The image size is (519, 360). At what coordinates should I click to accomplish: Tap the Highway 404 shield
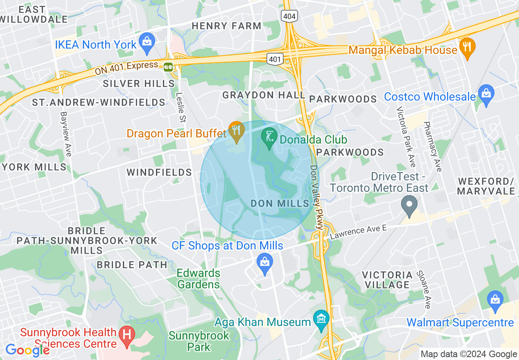(x=290, y=16)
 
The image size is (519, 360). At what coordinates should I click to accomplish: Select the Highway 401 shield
(x=275, y=60)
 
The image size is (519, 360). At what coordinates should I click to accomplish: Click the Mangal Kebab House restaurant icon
(x=467, y=47)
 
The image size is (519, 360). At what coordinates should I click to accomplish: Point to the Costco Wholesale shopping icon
(x=486, y=95)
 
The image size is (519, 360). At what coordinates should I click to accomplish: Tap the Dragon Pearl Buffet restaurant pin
(x=236, y=130)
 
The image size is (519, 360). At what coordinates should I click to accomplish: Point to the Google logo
(x=27, y=350)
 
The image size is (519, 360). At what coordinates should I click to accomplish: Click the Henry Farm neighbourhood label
(x=226, y=26)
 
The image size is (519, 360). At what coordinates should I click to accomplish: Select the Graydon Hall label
(x=264, y=95)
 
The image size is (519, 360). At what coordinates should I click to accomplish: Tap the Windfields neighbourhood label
(x=159, y=172)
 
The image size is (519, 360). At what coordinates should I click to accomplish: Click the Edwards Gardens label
(x=199, y=279)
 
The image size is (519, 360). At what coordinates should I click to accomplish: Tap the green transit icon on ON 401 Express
(x=168, y=67)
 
